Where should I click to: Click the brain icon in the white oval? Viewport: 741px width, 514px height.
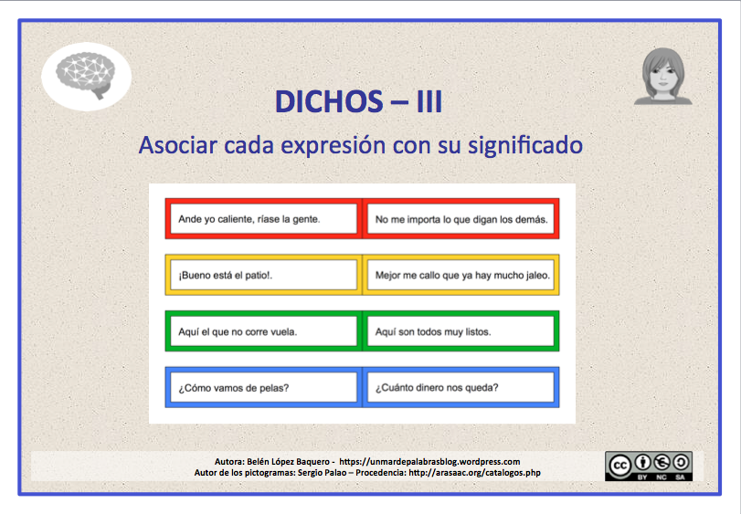click(87, 74)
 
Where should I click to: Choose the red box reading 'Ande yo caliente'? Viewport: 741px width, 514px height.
click(262, 219)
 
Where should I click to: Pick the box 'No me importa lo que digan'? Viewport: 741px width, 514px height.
click(461, 219)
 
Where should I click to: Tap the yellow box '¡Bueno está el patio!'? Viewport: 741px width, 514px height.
click(262, 275)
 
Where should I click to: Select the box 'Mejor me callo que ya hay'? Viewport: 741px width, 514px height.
click(461, 275)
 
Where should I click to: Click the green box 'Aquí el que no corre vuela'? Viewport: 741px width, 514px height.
click(262, 331)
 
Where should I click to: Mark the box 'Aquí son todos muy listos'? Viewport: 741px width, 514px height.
click(461, 331)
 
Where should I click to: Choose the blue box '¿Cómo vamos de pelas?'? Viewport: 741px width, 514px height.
click(262, 387)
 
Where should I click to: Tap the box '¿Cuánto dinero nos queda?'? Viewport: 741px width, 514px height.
click(461, 387)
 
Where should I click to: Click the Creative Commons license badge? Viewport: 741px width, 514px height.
click(649, 465)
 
